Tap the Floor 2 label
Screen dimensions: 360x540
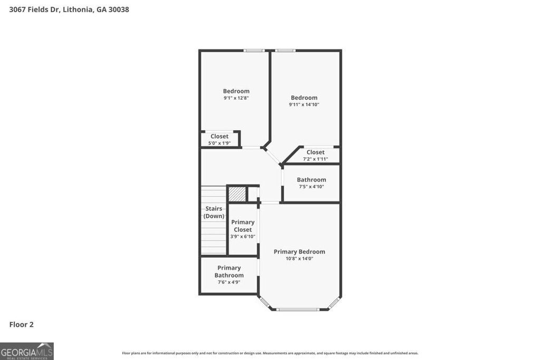click(x=21, y=325)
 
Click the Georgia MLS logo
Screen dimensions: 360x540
click(x=27, y=351)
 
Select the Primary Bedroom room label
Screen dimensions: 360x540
click(x=299, y=252)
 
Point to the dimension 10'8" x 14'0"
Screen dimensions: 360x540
click(x=299, y=259)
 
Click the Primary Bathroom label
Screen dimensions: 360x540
click(x=229, y=271)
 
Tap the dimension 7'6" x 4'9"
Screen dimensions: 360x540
click(x=229, y=283)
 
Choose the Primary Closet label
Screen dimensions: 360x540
click(x=243, y=226)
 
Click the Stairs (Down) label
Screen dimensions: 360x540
click(x=214, y=212)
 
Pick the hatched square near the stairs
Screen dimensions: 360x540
click(x=237, y=194)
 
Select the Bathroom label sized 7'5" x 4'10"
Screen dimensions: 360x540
click(x=311, y=180)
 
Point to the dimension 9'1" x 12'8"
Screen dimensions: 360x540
click(x=236, y=98)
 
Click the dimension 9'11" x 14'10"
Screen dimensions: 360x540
click(x=304, y=104)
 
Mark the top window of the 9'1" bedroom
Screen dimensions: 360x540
click(x=254, y=51)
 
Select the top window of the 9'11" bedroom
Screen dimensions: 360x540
click(x=285, y=51)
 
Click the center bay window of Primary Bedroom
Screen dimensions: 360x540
click(x=299, y=309)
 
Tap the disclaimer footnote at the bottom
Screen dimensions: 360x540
click(x=270, y=353)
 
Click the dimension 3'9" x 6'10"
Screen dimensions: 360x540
click(x=243, y=237)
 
